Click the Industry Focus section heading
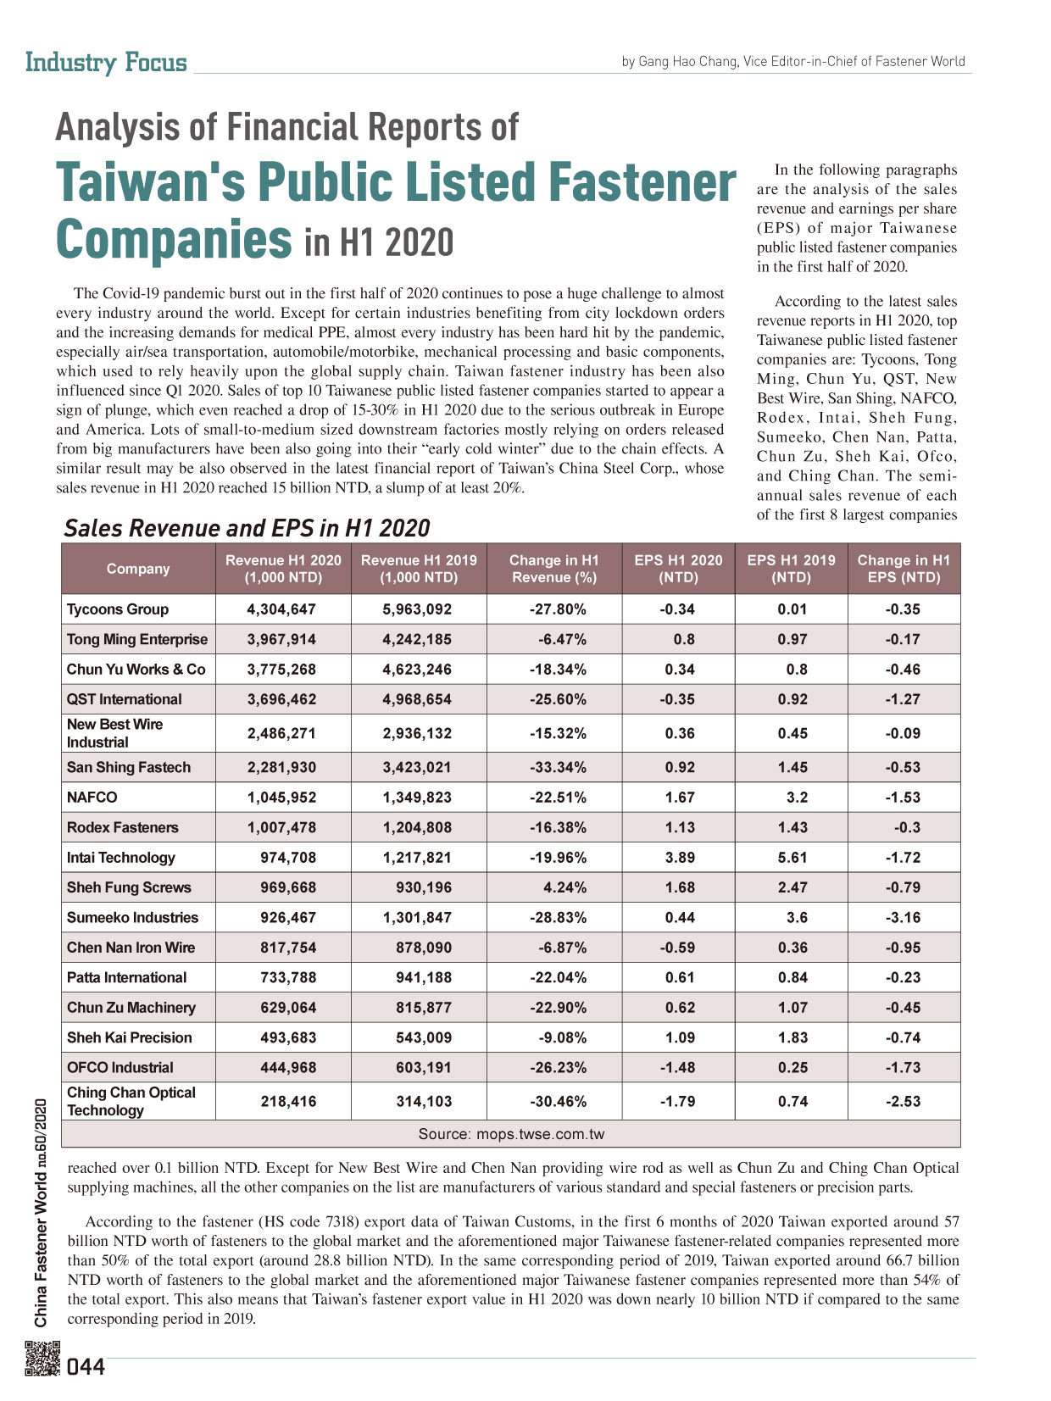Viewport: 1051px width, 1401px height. (106, 62)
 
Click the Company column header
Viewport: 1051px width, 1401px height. (138, 568)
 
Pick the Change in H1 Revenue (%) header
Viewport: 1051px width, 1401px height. (553, 568)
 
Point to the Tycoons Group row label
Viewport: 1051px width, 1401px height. (118, 609)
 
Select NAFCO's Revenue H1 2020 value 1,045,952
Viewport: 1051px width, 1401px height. (281, 797)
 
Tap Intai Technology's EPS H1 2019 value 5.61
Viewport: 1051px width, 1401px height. (792, 857)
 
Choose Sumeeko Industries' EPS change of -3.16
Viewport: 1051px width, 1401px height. (903, 916)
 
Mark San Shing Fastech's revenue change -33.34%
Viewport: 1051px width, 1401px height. (558, 766)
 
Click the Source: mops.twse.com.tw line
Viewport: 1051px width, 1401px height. (511, 1133)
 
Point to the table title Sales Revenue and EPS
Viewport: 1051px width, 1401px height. (247, 528)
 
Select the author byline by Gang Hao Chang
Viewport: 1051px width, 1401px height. (793, 61)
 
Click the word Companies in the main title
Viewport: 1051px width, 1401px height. (174, 239)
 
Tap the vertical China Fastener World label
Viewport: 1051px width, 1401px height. (40, 1213)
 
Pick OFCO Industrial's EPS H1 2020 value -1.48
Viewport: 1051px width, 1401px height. (677, 1066)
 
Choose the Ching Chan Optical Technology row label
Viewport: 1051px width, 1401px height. (131, 1100)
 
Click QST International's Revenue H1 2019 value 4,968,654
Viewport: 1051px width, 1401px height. (417, 699)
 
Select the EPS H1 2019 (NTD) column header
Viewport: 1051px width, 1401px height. (792, 568)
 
